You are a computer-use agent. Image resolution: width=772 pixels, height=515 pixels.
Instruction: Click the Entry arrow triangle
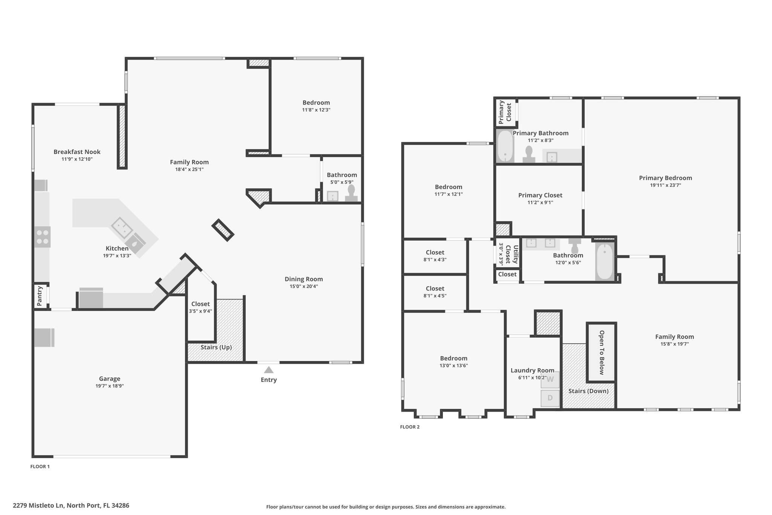(269, 370)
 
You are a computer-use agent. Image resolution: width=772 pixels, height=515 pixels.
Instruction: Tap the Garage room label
(110, 379)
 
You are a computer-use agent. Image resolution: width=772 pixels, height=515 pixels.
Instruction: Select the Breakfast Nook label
(77, 152)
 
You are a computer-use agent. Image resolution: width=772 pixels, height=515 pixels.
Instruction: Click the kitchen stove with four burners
(42, 237)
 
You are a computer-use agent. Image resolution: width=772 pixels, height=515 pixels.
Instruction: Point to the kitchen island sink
(122, 228)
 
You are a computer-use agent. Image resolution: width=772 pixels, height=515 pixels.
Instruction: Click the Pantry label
(40, 296)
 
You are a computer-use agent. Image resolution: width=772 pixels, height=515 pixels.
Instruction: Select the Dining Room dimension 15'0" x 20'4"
(304, 286)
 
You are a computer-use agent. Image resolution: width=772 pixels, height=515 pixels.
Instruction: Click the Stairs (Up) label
(216, 347)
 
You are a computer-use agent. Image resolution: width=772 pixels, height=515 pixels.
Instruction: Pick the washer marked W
(550, 380)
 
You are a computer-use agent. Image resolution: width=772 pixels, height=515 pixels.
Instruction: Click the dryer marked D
(550, 398)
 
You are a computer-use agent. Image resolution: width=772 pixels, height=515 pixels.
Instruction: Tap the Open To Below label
(602, 352)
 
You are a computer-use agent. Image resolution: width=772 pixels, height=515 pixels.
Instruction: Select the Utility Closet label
(512, 254)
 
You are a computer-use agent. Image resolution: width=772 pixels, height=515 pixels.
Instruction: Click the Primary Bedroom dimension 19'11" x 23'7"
(665, 185)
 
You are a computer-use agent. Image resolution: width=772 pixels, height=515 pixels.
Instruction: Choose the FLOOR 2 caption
(410, 427)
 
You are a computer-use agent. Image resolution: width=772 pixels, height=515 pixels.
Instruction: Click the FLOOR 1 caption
(40, 467)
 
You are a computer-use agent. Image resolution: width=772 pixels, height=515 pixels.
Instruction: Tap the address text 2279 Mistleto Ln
(39, 506)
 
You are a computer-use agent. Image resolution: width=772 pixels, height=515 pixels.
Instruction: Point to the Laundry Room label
(532, 370)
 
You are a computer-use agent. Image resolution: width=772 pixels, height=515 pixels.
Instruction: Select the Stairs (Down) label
(588, 391)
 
